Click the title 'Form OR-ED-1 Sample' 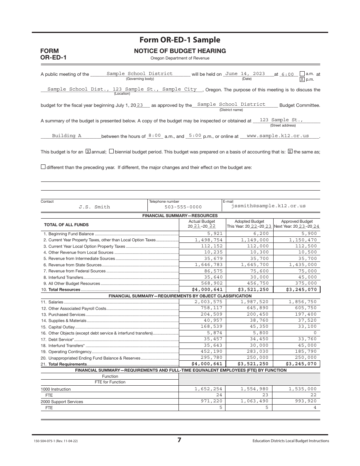click(x=180, y=40)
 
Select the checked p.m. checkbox click(x=302, y=80)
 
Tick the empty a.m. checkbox click(x=302, y=74)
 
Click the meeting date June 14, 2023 click(x=245, y=74)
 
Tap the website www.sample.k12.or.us click(x=277, y=136)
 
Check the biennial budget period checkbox click(x=111, y=152)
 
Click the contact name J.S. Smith click(x=94, y=207)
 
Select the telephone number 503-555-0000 click(x=183, y=207)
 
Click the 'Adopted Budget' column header click(x=249, y=222)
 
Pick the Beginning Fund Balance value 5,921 click(x=214, y=234)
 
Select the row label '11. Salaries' click(x=53, y=302)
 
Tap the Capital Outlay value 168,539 click(x=211, y=327)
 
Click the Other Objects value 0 click(x=315, y=333)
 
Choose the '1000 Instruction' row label click(x=56, y=389)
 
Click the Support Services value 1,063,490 click(x=255, y=401)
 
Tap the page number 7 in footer click(x=179, y=440)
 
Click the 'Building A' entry click(x=67, y=136)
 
